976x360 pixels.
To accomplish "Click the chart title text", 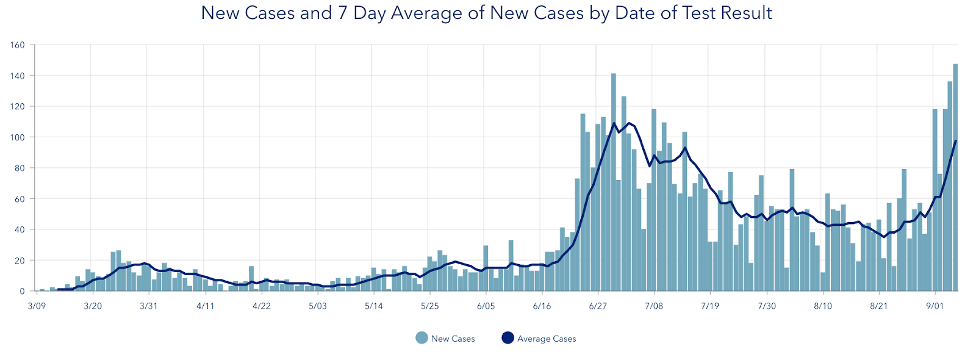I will point(486,13).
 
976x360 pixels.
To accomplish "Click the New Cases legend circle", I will point(422,338).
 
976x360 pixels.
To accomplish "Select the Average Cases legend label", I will point(547,339).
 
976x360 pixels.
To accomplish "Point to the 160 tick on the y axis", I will point(18,45).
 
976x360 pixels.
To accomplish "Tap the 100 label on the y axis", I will point(18,137).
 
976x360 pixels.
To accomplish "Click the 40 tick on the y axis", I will point(20,229).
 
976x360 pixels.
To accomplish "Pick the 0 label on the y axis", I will point(22,292).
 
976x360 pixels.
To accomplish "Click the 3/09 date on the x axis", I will point(37,306).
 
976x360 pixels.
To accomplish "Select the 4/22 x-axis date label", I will point(261,306).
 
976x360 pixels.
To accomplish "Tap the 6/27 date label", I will point(598,306).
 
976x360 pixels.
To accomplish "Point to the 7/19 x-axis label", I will point(710,306).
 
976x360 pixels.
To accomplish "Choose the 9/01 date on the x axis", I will point(935,306).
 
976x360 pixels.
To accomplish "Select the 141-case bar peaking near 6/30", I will point(614,183).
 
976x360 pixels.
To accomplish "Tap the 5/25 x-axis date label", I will point(429,306).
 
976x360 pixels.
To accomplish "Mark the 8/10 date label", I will point(822,306).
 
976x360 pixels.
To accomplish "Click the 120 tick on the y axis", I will point(18,106).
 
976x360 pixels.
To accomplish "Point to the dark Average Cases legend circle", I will point(508,338).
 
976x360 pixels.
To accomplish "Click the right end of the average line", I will point(955,141).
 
